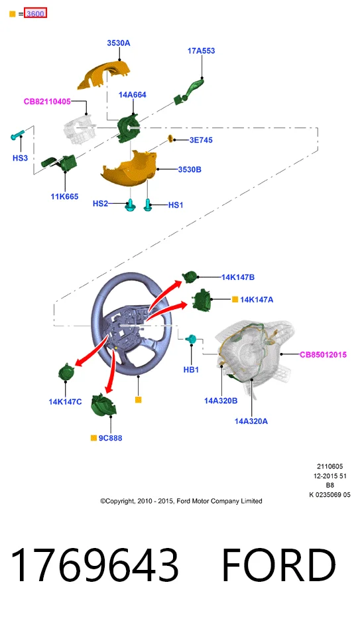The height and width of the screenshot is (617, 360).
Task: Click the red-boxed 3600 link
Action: (x=35, y=13)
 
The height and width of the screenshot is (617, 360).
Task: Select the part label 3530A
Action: (x=119, y=43)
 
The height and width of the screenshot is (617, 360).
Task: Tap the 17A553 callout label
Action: (x=202, y=51)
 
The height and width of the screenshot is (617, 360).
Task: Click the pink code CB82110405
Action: (x=47, y=102)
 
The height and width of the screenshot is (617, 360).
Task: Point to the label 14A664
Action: (x=133, y=95)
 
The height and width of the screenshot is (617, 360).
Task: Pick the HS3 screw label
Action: (x=20, y=158)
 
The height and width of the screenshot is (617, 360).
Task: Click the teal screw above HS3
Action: (x=17, y=135)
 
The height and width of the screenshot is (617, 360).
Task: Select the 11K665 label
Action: (x=64, y=196)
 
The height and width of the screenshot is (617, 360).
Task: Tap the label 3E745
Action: (x=201, y=140)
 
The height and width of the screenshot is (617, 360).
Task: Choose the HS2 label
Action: (x=100, y=204)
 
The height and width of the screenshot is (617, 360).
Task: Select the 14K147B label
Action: (x=238, y=277)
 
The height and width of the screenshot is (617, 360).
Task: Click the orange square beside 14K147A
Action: (x=235, y=299)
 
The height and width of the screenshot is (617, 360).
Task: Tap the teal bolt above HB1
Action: (x=192, y=339)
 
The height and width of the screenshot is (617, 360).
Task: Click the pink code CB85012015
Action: (x=323, y=354)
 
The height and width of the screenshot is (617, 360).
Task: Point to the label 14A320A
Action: (x=251, y=421)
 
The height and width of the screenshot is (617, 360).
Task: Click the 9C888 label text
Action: (x=110, y=438)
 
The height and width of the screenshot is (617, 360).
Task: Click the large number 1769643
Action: (x=94, y=565)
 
